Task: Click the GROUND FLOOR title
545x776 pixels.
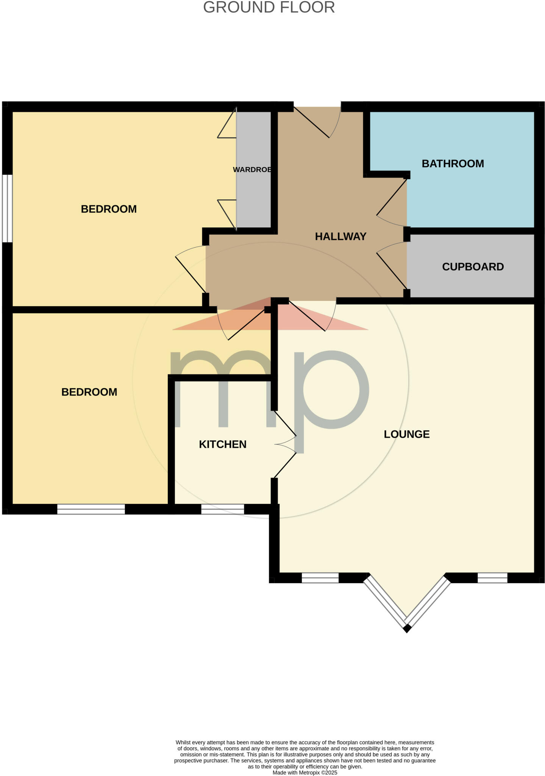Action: click(x=269, y=8)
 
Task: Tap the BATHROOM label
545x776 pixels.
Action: click(x=453, y=164)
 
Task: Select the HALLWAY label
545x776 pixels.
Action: click(x=340, y=236)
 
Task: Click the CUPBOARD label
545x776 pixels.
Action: click(x=473, y=267)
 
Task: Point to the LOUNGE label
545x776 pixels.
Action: click(x=406, y=434)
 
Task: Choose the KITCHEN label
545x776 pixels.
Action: click(x=223, y=444)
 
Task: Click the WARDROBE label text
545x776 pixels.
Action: click(x=252, y=170)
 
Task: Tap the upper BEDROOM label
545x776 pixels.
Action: click(x=109, y=209)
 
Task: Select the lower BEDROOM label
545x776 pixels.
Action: click(x=89, y=392)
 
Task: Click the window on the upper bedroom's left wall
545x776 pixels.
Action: click(x=7, y=208)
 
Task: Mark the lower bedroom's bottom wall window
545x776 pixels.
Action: click(x=91, y=509)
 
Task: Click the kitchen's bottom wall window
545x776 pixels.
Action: click(x=222, y=509)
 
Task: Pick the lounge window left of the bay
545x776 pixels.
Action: click(x=320, y=578)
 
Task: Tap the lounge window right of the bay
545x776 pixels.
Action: click(x=492, y=578)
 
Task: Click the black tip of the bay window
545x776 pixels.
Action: click(x=407, y=629)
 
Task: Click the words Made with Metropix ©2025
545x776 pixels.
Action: click(x=305, y=773)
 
